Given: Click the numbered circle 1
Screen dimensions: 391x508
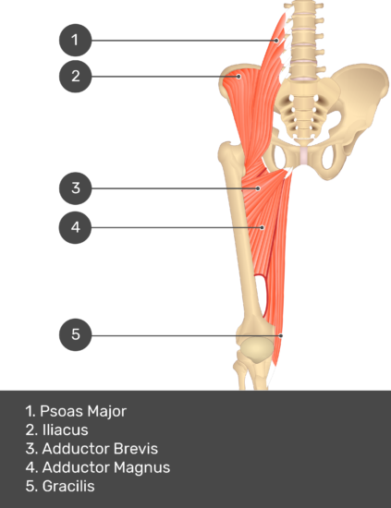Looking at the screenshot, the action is click(x=75, y=40).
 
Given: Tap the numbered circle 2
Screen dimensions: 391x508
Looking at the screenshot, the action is click(x=75, y=76).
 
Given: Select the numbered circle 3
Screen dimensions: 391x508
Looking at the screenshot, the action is click(x=75, y=188).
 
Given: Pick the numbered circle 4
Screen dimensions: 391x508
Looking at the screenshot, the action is click(x=75, y=227).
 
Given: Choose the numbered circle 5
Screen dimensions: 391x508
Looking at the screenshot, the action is click(x=75, y=334).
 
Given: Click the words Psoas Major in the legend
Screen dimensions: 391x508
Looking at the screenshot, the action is click(x=83, y=411).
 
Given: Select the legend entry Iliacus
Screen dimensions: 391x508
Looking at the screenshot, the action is click(x=65, y=429).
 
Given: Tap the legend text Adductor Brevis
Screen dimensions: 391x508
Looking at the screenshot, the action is click(x=100, y=449).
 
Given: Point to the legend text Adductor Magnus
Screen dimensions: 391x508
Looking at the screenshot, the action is click(x=106, y=467).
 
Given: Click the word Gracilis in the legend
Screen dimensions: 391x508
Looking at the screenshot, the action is click(x=68, y=486).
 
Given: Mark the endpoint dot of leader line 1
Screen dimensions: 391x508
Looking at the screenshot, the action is click(x=276, y=41).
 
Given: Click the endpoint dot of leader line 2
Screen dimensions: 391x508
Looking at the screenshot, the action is click(x=238, y=77).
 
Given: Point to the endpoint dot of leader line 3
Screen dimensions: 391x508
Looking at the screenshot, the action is click(x=259, y=188).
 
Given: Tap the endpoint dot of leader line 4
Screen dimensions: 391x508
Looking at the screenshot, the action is click(x=263, y=228).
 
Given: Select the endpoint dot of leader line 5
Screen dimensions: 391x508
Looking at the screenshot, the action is click(x=281, y=335).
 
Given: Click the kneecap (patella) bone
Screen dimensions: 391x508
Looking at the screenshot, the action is click(x=256, y=351).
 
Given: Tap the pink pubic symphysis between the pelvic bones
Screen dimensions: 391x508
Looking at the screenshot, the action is click(x=303, y=156).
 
